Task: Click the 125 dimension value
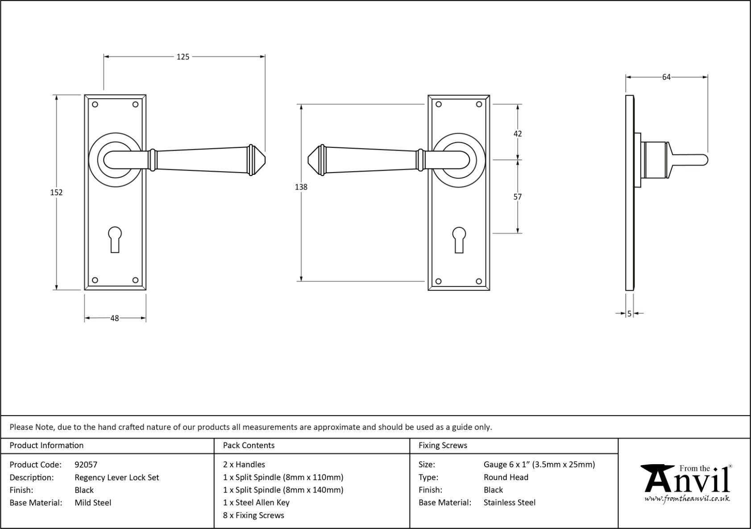coord(183,57)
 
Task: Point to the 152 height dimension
coord(56,192)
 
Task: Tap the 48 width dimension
coord(115,318)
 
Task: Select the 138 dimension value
coord(301,187)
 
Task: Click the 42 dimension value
coord(518,134)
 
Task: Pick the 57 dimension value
coord(518,197)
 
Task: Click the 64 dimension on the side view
coord(666,77)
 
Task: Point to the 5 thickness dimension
coord(630,314)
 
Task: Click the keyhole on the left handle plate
coord(115,239)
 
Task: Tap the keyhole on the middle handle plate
coord(459,240)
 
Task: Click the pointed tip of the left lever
coord(265,160)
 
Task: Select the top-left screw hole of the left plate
coord(95,105)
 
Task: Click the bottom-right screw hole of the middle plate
coord(479,281)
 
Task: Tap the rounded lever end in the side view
coord(705,160)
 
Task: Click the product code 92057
coord(86,465)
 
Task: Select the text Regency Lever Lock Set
coord(117,478)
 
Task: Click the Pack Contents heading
coord(249,445)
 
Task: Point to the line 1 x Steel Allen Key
coord(256,503)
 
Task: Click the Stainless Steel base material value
coord(510,503)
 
